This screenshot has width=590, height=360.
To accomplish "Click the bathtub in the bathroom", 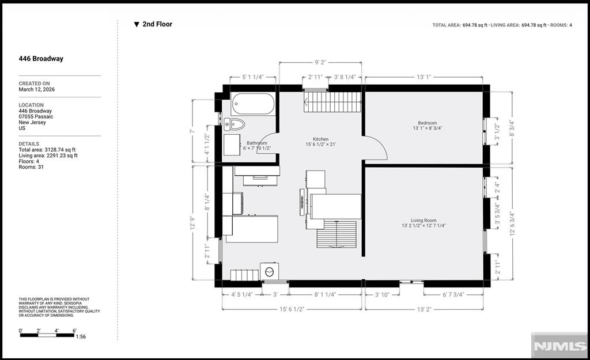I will point(254,104).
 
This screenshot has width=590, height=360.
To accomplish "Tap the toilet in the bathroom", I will point(235,124).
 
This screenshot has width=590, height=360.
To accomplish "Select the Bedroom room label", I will point(428,123).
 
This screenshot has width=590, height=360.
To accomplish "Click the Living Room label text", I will point(423,220).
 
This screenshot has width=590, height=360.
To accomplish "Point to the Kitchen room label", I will point(320,139).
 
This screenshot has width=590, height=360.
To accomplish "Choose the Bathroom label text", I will point(256,143).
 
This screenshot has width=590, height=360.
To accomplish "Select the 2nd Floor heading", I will point(157,24).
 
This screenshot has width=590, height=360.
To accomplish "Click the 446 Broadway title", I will point(41,59).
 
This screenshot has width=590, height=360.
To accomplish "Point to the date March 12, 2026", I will point(37,89).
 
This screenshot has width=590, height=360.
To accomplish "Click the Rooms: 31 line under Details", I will point(32,167).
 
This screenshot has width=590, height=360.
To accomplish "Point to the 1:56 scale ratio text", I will point(81,337).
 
